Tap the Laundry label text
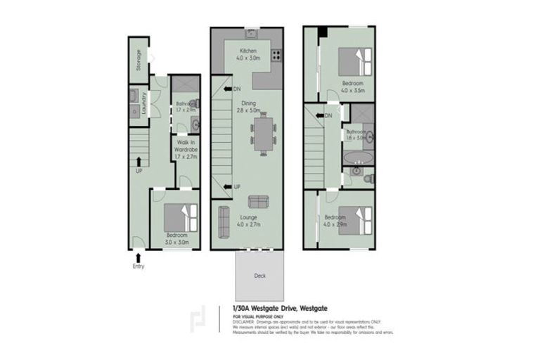[x=144, y=103]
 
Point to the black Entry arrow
[x=138, y=257]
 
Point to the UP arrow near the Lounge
[x=228, y=186]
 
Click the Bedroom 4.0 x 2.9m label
[x=335, y=221]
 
